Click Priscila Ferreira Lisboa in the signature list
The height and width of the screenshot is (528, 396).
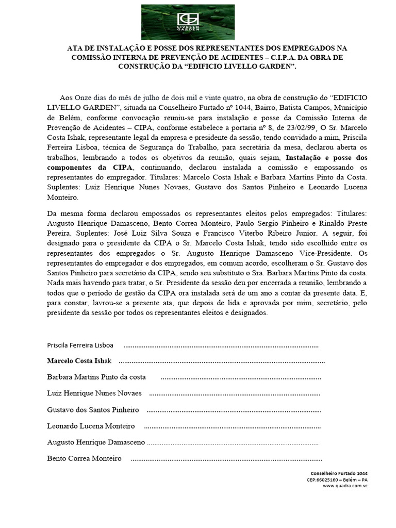point(80,345)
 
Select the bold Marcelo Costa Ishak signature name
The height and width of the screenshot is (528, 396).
point(79,360)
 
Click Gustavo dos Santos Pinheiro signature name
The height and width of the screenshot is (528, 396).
point(93,410)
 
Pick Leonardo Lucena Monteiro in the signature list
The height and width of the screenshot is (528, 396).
point(91,426)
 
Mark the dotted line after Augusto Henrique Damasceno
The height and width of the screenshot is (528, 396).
point(233,443)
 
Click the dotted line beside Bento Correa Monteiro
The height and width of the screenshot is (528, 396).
point(227,458)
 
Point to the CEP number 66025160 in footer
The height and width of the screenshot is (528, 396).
point(327,480)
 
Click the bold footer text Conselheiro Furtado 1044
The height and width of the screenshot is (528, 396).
point(339,473)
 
